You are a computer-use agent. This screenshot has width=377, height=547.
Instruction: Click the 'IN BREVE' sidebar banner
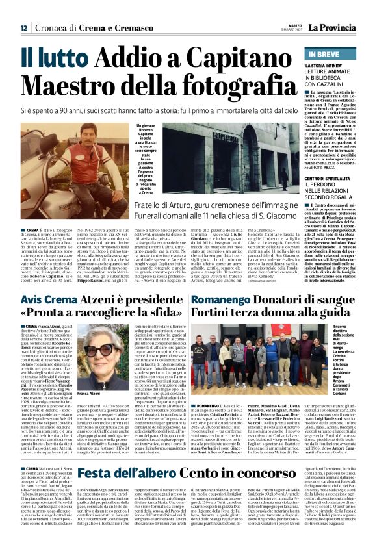(x=331, y=55)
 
